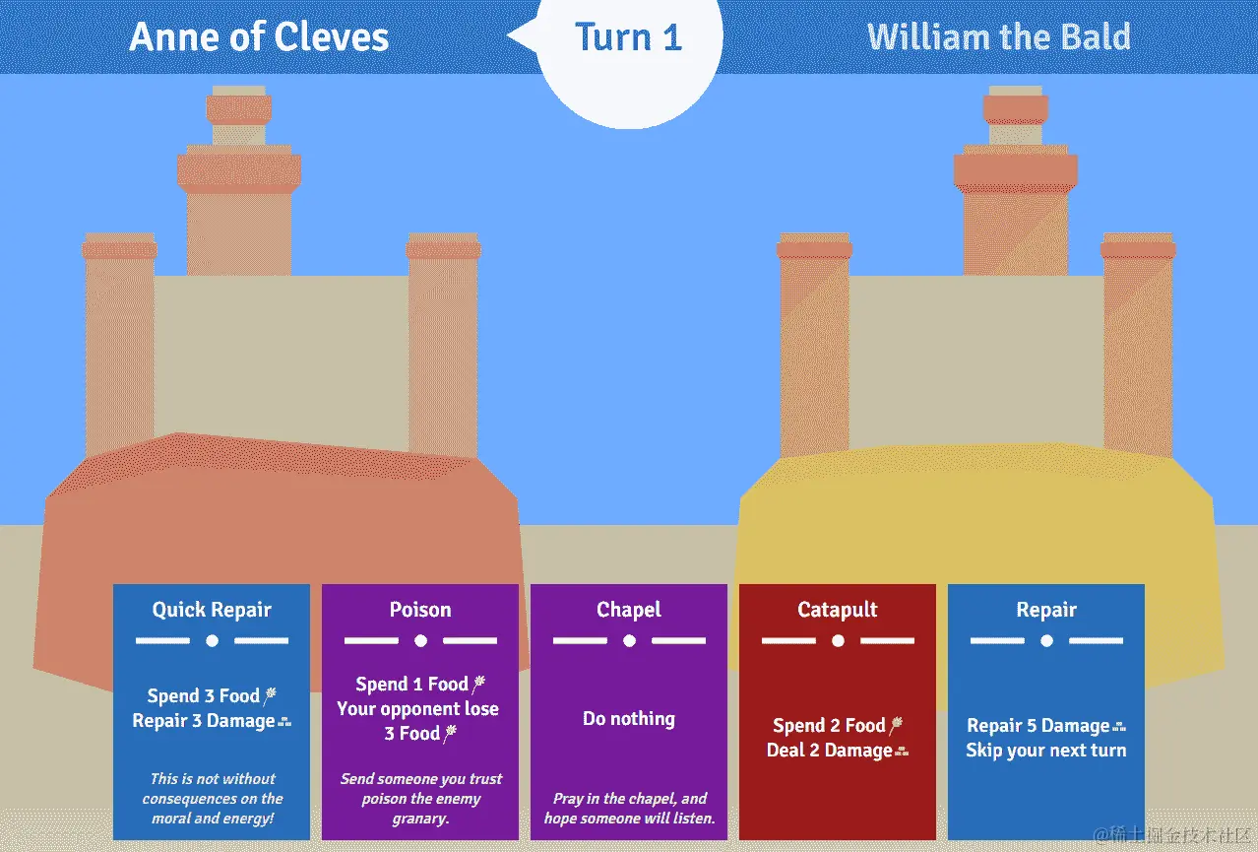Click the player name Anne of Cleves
(259, 37)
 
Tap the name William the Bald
(998, 37)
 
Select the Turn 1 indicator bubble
(628, 37)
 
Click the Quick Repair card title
(212, 610)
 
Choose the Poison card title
(420, 610)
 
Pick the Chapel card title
(629, 610)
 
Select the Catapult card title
(838, 610)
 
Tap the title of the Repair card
(1046, 610)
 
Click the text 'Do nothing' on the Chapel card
(629, 718)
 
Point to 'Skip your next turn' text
(1046, 751)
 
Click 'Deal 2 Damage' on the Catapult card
(830, 751)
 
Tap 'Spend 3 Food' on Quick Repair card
(204, 696)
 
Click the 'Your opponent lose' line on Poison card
(417, 709)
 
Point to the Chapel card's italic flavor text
(629, 808)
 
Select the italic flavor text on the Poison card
(421, 798)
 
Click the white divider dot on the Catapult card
(838, 641)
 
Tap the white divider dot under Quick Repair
(212, 641)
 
